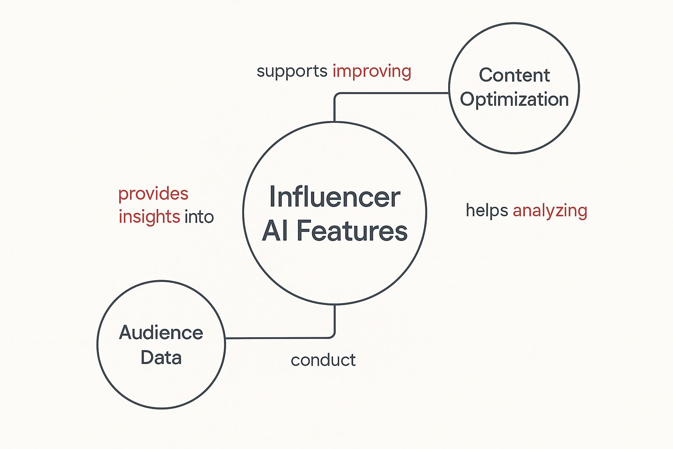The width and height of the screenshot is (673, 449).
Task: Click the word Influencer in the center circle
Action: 334,197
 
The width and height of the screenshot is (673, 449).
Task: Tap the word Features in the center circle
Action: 352,231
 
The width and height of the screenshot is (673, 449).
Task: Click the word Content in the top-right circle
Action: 514,75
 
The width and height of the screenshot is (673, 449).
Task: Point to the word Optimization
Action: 514,100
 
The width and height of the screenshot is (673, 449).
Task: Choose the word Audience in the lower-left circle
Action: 161,333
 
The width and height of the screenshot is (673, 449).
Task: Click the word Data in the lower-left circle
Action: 161,358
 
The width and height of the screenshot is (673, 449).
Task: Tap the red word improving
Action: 372,71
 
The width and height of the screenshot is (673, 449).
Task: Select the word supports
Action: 292,71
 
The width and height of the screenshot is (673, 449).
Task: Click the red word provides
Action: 153,194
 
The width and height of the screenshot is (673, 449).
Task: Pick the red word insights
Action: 149,217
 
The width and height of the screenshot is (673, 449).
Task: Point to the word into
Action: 199,217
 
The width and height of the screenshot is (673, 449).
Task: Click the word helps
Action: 486,210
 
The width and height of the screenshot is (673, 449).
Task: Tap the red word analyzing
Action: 550,211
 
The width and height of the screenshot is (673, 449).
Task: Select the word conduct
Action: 323,360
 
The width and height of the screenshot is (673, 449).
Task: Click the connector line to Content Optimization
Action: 394,93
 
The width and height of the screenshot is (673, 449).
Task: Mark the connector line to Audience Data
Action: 280,338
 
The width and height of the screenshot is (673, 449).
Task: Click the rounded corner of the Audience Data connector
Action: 333,336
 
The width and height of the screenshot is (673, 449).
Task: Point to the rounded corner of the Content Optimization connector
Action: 336,95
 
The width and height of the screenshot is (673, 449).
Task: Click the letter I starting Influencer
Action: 273,197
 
